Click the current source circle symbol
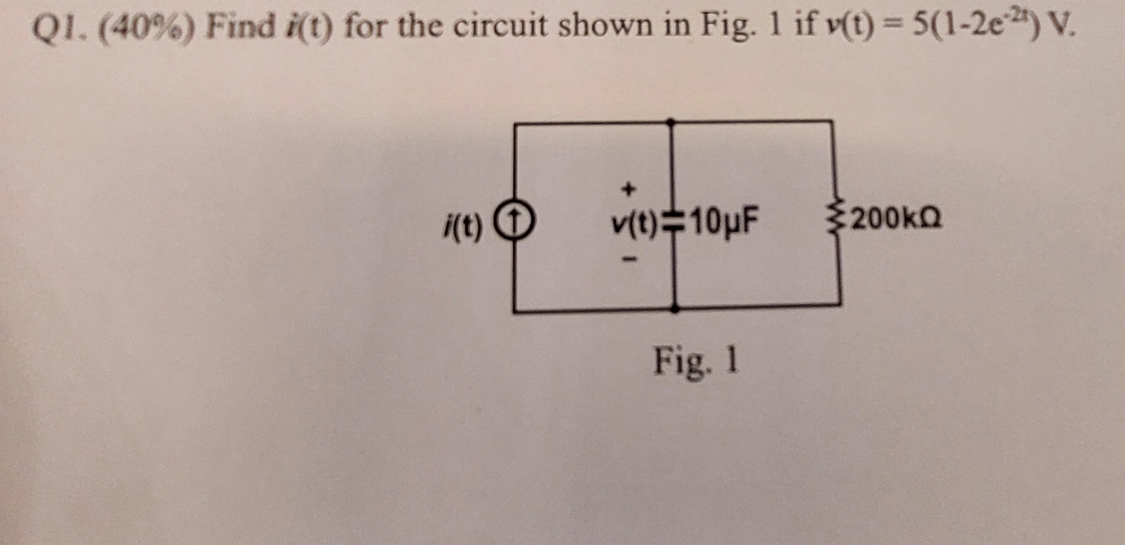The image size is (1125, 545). click(514, 223)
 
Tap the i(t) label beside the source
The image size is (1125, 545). click(463, 226)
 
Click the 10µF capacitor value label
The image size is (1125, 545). click(724, 222)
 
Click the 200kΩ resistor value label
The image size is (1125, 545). click(896, 219)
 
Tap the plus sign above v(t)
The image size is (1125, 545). click(628, 189)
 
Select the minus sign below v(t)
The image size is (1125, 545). click(629, 258)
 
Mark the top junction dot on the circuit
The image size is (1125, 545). click(671, 122)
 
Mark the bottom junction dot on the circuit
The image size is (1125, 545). click(675, 308)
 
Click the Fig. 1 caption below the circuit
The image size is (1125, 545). click(697, 361)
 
